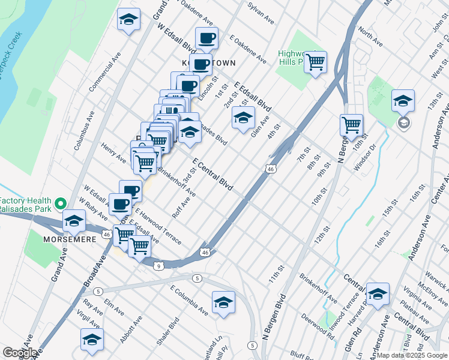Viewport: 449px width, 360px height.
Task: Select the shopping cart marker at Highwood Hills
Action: pyautogui.click(x=315, y=62)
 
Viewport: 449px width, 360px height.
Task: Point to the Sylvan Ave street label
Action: pyautogui.click(x=261, y=13)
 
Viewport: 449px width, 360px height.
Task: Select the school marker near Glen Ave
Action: pyautogui.click(x=243, y=119)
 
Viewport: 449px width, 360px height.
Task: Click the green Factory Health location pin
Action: pyautogui.click(x=60, y=203)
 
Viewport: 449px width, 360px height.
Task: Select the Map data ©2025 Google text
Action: pyautogui.click(x=412, y=355)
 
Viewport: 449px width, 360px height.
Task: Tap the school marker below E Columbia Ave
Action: pyautogui.click(x=223, y=302)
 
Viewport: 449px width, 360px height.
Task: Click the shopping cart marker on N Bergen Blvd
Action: pyautogui.click(x=351, y=125)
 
